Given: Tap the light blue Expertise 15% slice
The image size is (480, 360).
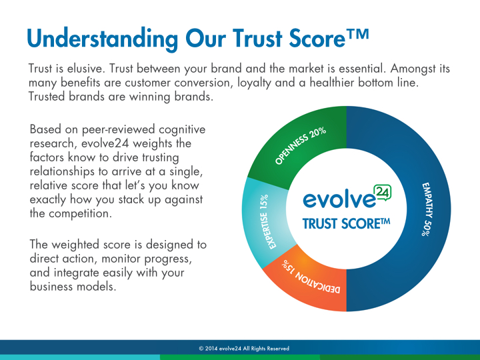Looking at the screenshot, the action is pyautogui.click(x=264, y=222).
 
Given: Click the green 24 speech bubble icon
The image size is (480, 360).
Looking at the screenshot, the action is pyautogui.click(x=383, y=193).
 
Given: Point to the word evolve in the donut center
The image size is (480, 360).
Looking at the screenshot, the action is pyautogui.click(x=339, y=200).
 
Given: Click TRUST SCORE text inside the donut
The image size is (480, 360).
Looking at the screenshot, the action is pyautogui.click(x=346, y=223).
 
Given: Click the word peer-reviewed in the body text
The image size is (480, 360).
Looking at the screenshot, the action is pyautogui.click(x=118, y=130).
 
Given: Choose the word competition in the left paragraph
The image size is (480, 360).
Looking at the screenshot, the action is pyautogui.click(x=80, y=214).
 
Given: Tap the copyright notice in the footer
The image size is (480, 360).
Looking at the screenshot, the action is pyautogui.click(x=244, y=349).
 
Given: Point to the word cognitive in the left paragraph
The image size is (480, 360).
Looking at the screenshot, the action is pyautogui.click(x=182, y=130).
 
